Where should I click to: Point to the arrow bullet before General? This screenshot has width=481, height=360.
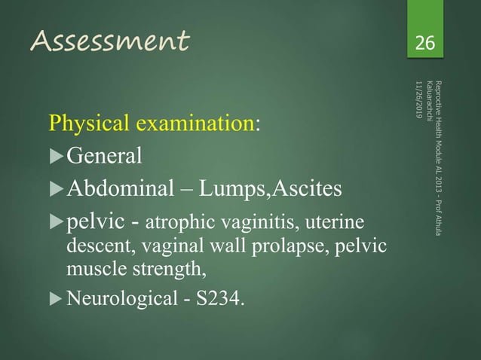57,157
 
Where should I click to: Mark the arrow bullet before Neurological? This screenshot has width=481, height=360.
57,302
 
